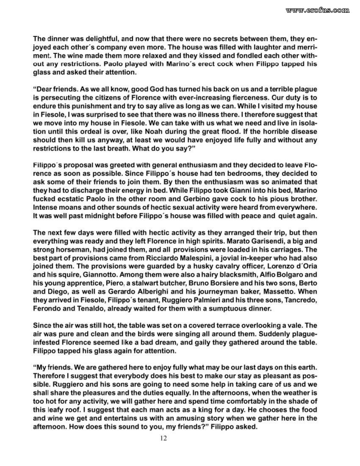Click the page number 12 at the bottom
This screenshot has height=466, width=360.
point(163,438)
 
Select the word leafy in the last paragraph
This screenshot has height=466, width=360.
point(56,411)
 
